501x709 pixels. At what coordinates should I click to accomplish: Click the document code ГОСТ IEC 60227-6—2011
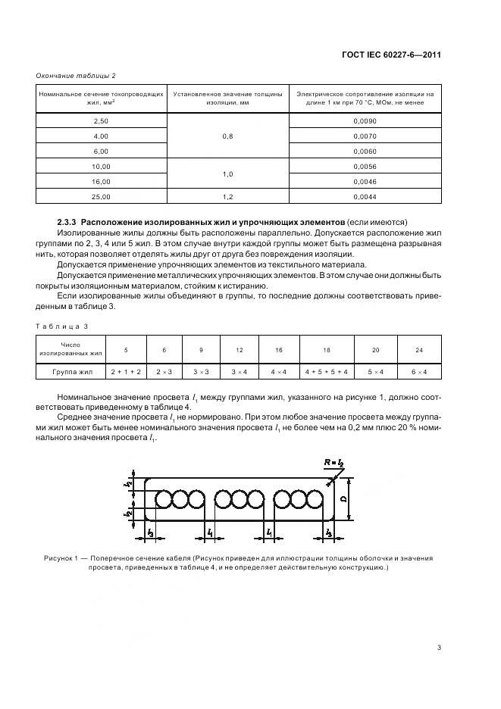pos(393,55)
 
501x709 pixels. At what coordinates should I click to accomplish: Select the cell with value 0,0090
pos(365,121)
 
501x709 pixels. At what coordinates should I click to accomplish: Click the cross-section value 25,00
pos(101,196)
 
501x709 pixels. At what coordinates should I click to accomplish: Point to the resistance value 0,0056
pos(365,166)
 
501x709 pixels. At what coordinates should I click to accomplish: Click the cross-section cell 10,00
pos(101,166)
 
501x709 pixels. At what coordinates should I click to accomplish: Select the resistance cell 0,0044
pos(365,196)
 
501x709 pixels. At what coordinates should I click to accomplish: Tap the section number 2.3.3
pos(70,221)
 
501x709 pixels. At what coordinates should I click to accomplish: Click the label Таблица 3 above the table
pos(61,325)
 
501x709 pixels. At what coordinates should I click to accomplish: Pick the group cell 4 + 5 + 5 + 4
pos(326,372)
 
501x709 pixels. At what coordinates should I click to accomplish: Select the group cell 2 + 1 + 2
pos(125,372)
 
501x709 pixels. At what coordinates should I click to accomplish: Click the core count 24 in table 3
pos(419,350)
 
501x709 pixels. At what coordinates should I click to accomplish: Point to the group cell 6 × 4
pos(419,372)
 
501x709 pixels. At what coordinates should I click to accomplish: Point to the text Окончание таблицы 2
pos(76,76)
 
